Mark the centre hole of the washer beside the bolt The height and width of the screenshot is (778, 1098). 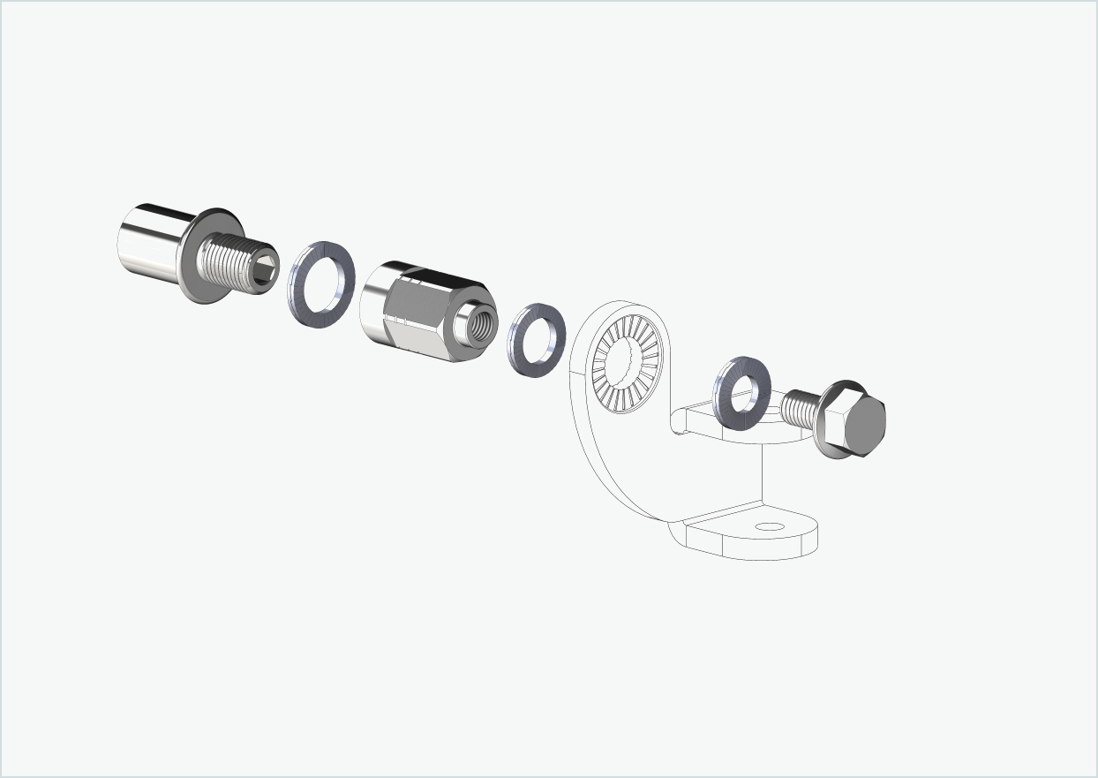tap(743, 391)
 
